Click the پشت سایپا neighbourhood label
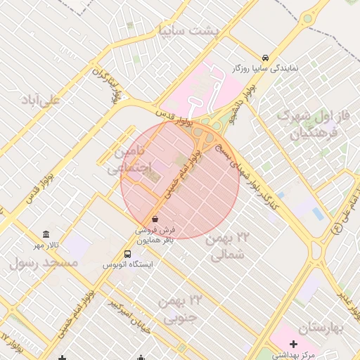[188, 32]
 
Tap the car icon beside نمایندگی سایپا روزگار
[265, 58]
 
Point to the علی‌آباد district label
[41, 100]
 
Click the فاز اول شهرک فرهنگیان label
[308, 122]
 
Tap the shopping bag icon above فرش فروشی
[155, 219]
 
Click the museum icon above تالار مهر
[46, 234]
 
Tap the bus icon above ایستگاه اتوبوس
[128, 254]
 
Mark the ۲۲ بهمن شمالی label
[229, 247]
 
